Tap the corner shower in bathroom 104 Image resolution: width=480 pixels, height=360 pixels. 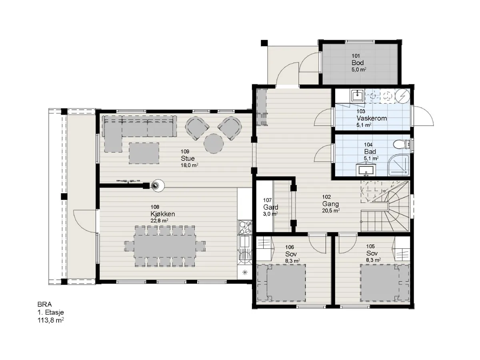pos(399,166)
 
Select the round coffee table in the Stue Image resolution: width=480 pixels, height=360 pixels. pos(214,144)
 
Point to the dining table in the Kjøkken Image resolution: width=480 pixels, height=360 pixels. pos(165,246)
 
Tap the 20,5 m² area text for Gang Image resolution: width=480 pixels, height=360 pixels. pos(331,210)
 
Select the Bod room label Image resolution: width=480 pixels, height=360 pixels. pos(358,63)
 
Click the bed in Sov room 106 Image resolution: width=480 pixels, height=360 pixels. pos(281,282)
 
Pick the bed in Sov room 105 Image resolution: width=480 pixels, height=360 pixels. pos(385,283)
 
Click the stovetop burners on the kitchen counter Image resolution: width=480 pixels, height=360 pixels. pos(245,228)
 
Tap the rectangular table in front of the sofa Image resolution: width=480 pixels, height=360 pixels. pos(144,153)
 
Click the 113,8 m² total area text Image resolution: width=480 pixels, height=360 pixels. pos(51,320)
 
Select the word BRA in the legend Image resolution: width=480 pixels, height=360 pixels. pos(45,304)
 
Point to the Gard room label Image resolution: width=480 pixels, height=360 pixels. pos(270,207)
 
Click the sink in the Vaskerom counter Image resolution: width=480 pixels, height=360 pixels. pos(358,96)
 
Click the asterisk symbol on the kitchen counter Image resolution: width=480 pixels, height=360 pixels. pos(245,272)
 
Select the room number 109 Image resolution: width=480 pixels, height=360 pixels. pos(185,152)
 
